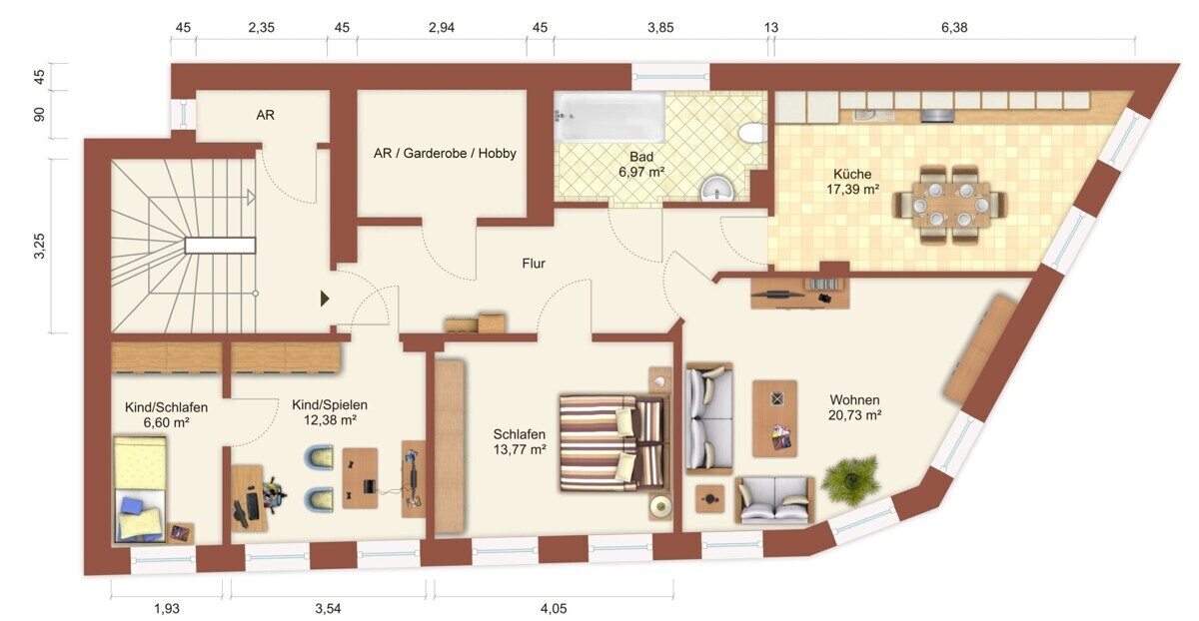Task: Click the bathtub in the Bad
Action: (610, 117)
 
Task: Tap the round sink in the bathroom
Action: (717, 190)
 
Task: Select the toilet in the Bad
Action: (752, 133)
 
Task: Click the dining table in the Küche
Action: (950, 205)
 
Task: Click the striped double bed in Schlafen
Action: (614, 443)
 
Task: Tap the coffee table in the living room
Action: (775, 418)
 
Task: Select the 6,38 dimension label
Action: (954, 27)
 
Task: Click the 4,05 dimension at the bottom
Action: (554, 608)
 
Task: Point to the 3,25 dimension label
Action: (40, 246)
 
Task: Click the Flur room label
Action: (534, 264)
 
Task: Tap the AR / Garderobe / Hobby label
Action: (445, 154)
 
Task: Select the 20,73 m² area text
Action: (855, 415)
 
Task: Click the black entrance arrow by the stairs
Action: (325, 299)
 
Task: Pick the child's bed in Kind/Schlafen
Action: (140, 489)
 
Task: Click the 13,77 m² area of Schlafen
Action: (520, 449)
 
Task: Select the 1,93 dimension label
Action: (167, 608)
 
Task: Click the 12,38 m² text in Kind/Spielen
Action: (330, 420)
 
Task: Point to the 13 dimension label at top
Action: (770, 27)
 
